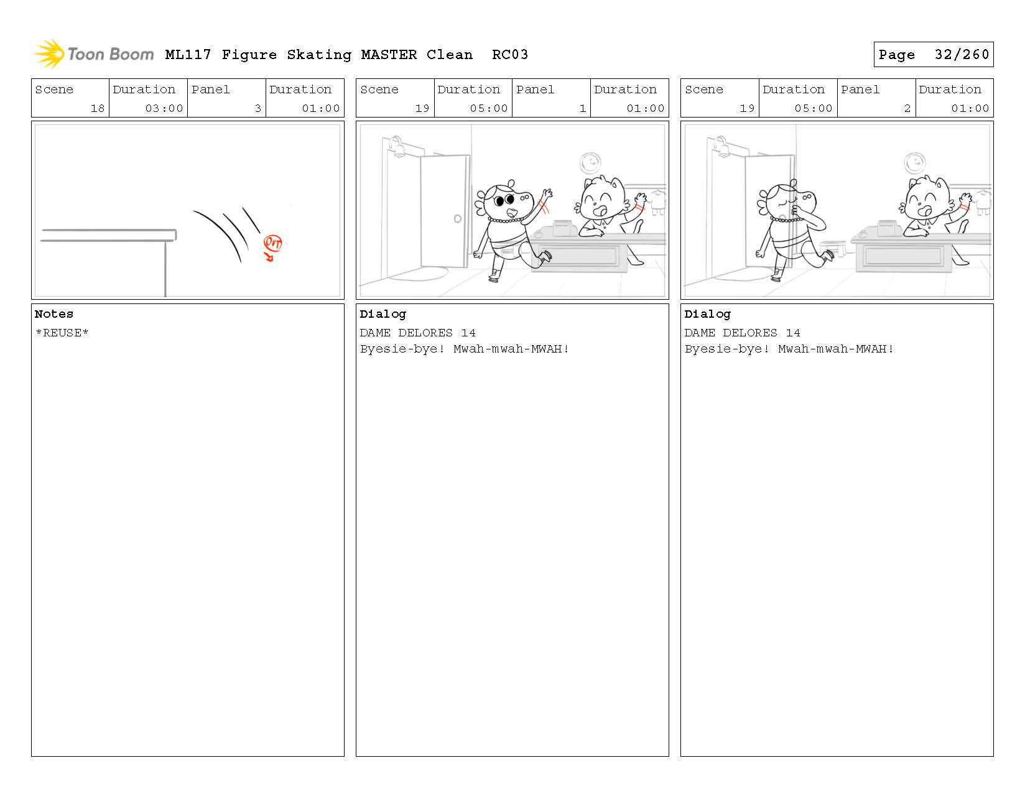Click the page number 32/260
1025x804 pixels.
tap(962, 54)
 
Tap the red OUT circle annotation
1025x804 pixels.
tap(272, 243)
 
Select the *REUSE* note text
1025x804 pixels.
tap(62, 333)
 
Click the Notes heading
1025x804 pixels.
tap(53, 314)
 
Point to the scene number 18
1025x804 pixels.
tap(98, 108)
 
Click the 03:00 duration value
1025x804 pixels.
tap(164, 108)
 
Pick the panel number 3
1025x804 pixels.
tap(258, 108)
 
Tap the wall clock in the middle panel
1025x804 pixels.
tap(590, 164)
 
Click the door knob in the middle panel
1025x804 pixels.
tap(458, 218)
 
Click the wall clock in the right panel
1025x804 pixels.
tap(915, 164)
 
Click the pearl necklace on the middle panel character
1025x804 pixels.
tap(506, 219)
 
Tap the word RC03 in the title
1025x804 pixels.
tap(510, 54)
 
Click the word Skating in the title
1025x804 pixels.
tap(319, 55)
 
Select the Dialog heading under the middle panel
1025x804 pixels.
tap(383, 314)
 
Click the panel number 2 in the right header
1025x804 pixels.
tap(907, 108)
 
